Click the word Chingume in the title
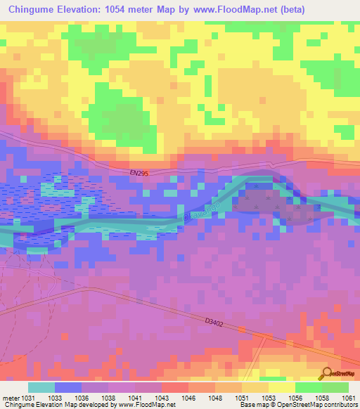point(32,9)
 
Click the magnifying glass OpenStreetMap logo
point(327,372)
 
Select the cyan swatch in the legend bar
point(41,387)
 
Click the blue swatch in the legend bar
point(68,387)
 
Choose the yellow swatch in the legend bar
point(281,387)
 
